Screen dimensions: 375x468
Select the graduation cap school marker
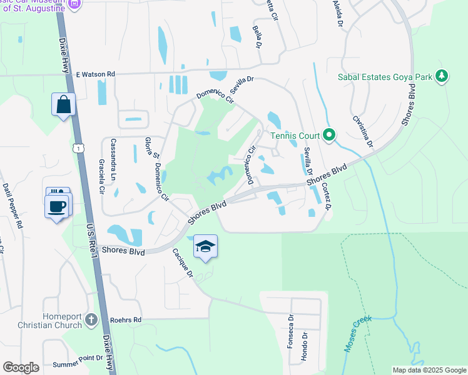tap(205, 247)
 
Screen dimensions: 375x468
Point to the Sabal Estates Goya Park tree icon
tap(442, 77)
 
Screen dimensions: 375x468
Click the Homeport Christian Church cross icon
tap(91, 320)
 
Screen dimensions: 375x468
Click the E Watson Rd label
tap(96, 74)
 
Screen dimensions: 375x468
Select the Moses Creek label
tap(357, 334)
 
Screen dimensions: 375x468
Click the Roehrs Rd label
tap(126, 319)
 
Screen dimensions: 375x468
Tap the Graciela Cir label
tap(101, 177)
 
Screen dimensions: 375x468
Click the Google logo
tap(21, 367)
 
